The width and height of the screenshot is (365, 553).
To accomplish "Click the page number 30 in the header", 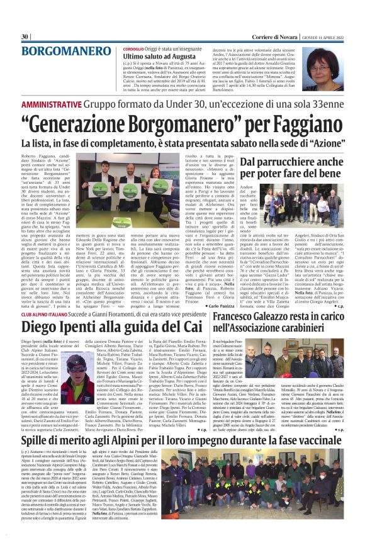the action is point(25,36).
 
